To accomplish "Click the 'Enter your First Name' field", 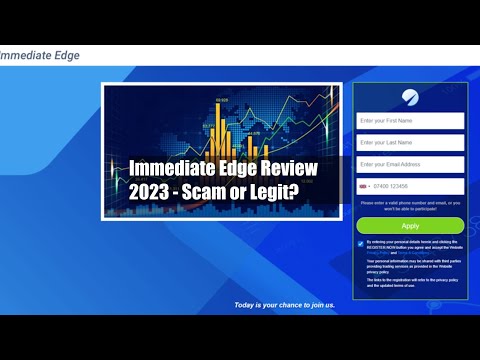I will click(x=410, y=120).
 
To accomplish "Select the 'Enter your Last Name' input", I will click(x=410, y=142).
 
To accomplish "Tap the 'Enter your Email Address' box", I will click(x=410, y=164).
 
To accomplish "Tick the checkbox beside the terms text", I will click(x=360, y=242).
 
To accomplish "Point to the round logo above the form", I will click(x=410, y=96).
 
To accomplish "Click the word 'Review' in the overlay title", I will click(x=292, y=170).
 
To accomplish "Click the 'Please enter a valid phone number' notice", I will click(x=410, y=206).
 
